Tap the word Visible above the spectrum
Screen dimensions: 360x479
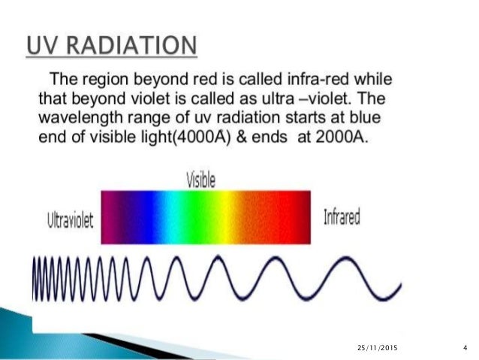tap(200, 180)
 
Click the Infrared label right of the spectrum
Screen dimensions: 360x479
tap(342, 218)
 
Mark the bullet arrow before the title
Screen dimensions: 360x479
tap(17, 46)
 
